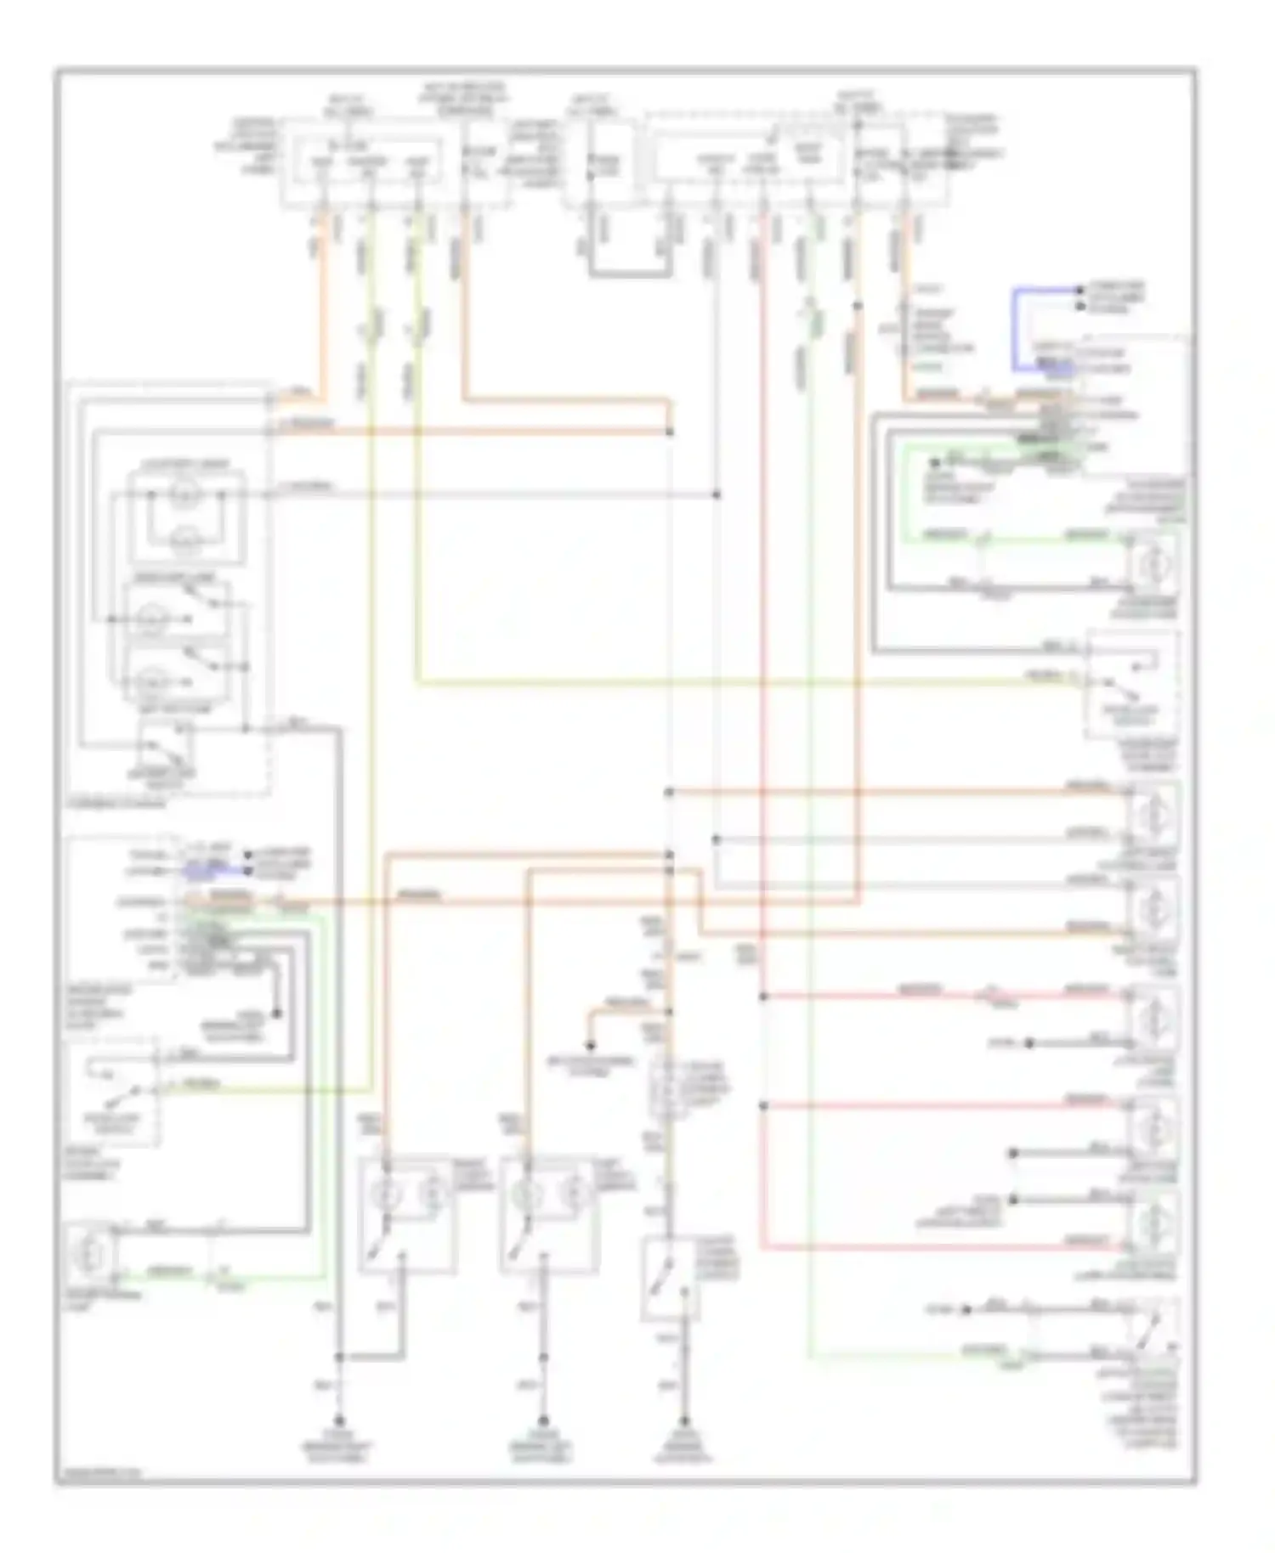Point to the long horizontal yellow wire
click(x=722, y=681)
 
